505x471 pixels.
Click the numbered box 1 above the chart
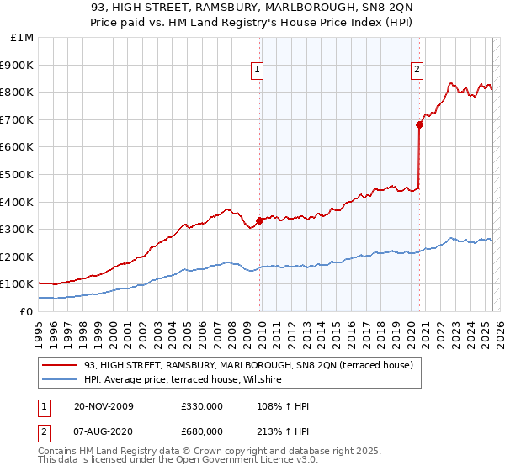[256, 71]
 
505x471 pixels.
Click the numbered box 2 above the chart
[417, 71]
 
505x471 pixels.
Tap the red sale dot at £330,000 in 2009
[260, 221]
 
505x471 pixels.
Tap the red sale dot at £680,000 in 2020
[418, 125]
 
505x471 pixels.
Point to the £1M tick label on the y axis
[23, 38]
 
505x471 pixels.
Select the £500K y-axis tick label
[19, 174]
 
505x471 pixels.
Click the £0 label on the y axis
[26, 311]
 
